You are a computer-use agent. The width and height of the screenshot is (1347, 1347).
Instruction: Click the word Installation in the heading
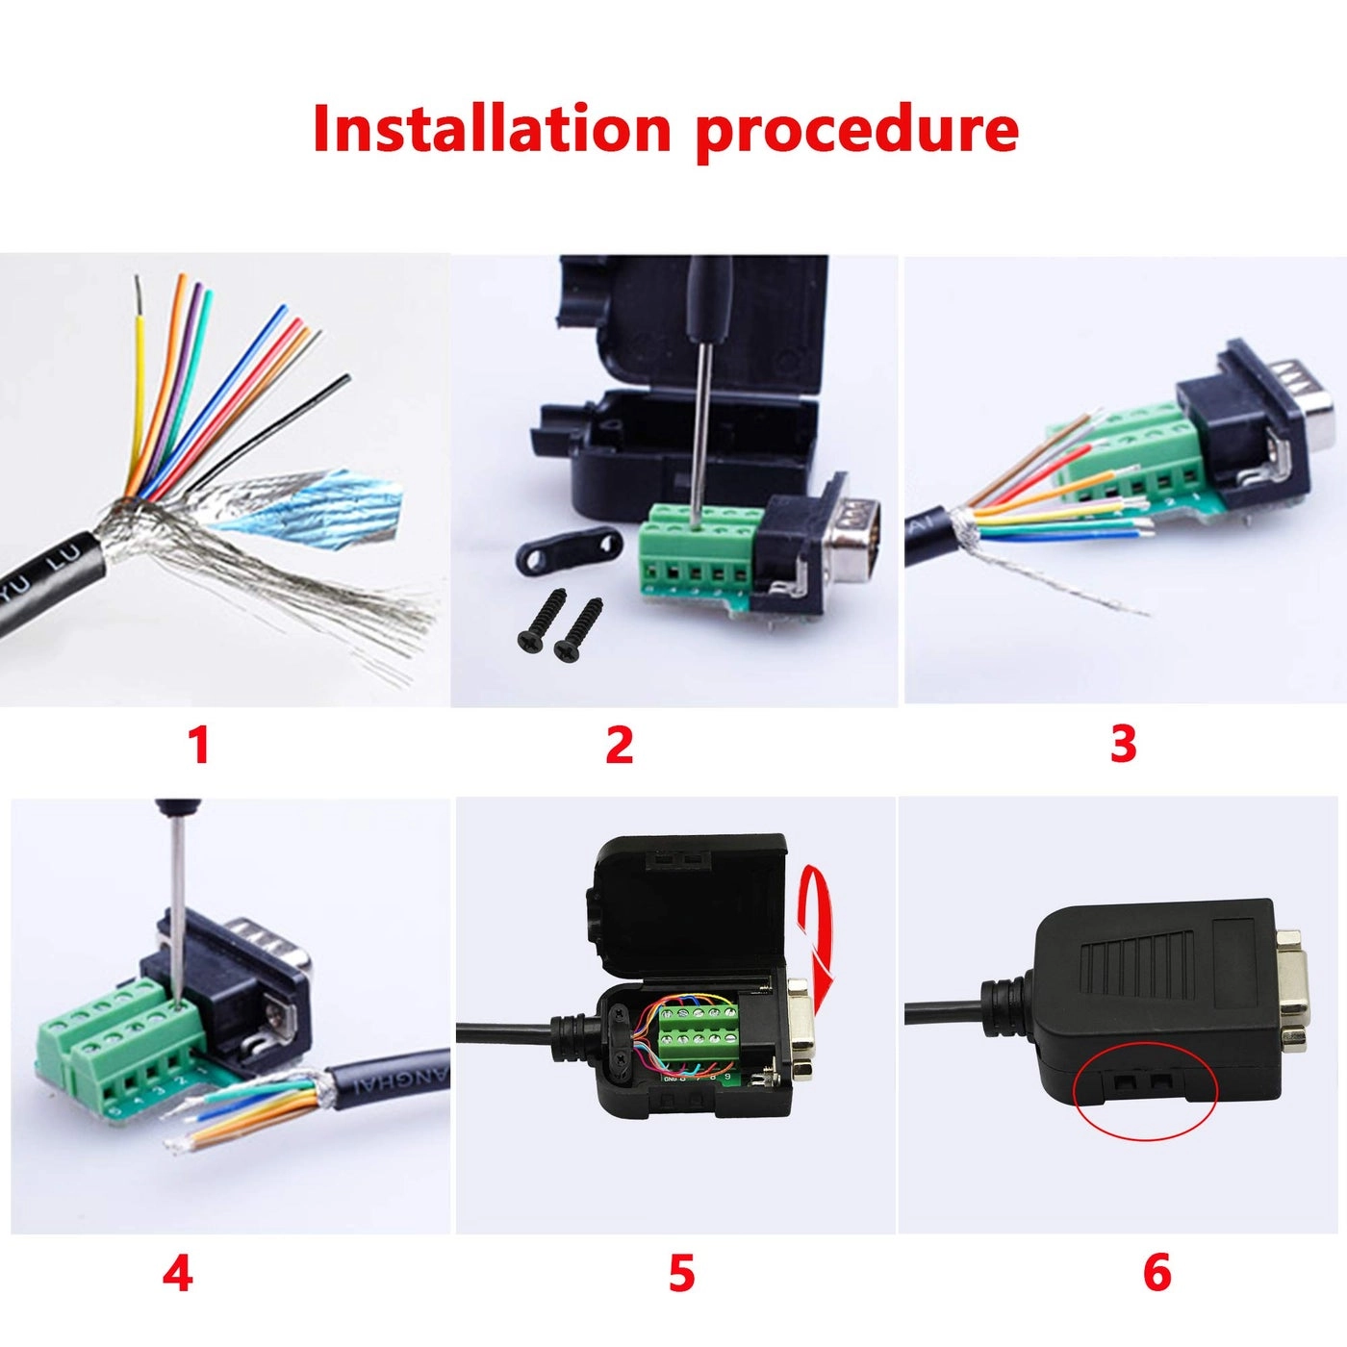491,128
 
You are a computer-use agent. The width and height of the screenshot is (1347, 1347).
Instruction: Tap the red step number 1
198,745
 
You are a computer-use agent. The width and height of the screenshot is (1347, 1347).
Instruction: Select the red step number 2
620,745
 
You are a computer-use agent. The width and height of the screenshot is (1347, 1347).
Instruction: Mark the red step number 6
1156,1273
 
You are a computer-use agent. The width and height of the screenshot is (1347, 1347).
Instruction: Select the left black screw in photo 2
539,622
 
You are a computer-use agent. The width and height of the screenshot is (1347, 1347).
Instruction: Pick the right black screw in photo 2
577,629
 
